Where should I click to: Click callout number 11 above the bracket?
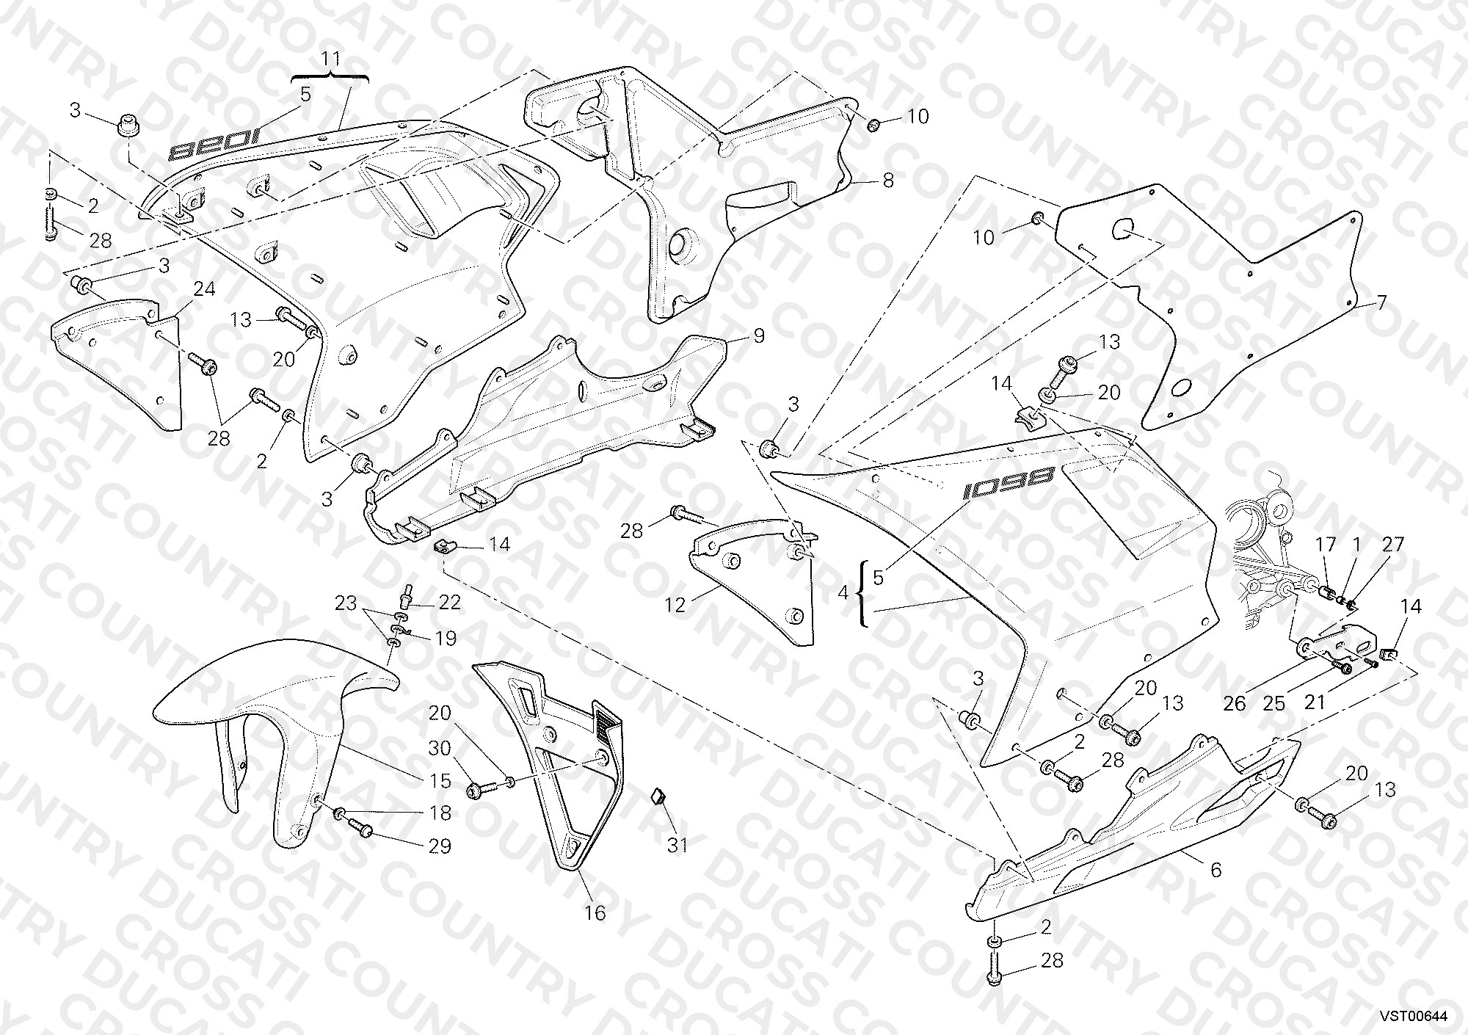331,58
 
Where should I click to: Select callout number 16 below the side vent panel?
595,912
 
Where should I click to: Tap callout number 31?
677,845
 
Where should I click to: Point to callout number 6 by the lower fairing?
1216,870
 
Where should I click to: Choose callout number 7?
1381,302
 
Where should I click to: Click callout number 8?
888,180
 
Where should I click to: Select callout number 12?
675,605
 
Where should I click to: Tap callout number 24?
204,289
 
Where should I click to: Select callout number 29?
440,846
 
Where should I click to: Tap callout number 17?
1326,545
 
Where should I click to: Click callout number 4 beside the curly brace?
842,592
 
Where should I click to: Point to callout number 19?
446,638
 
